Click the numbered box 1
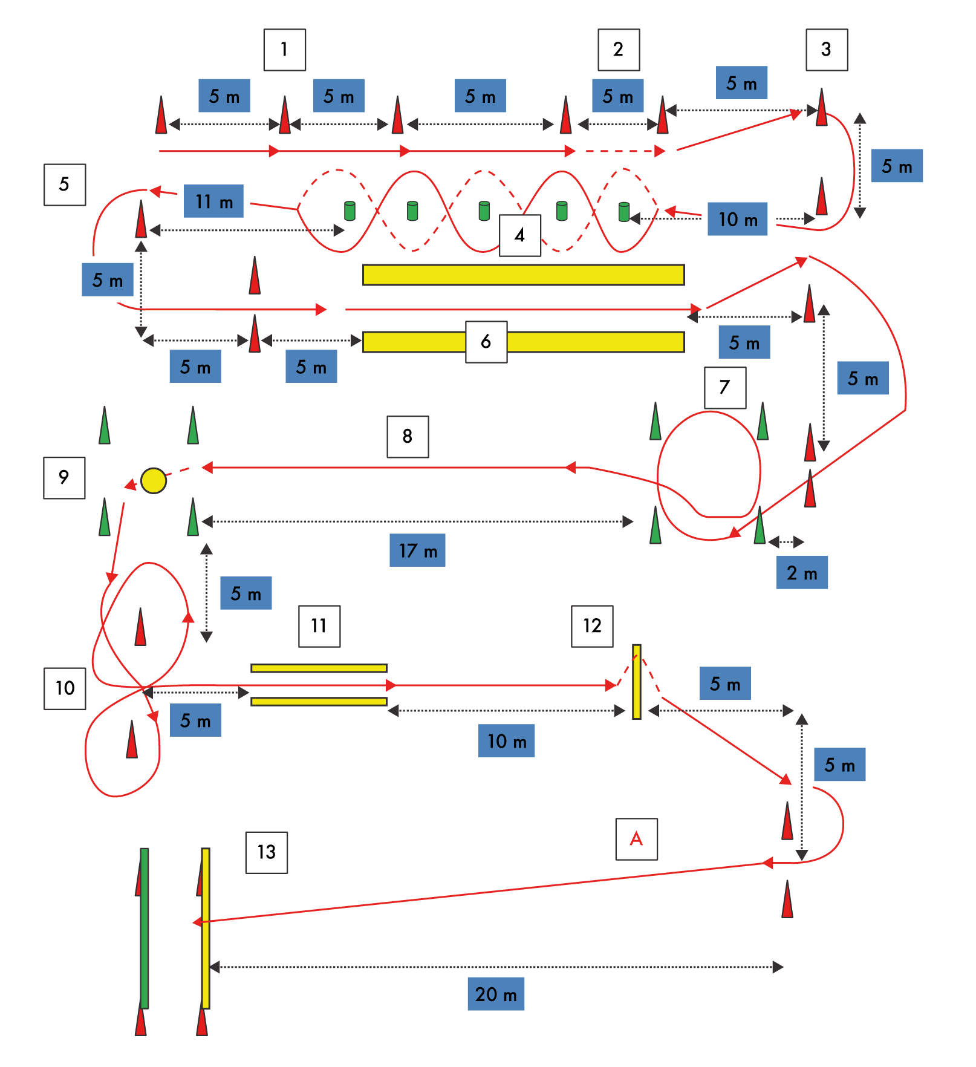284,50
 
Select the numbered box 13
266,852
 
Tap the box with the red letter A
636,839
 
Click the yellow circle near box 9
154,481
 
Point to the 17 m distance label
417,550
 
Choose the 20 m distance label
496,994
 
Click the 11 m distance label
213,201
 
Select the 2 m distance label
802,573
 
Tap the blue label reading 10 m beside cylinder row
737,219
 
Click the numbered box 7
725,388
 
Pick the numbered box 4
519,235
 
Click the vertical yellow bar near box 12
636,682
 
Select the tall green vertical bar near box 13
145,928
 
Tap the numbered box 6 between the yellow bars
486,342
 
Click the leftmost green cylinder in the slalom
350,210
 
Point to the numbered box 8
408,437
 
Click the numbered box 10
65,688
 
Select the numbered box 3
827,50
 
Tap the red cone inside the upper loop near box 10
140,627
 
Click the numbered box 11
319,626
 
